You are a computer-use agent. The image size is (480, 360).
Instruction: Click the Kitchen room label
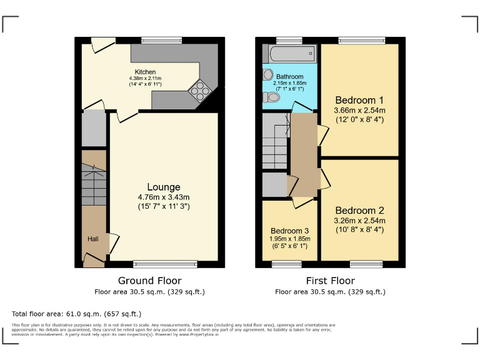click(146, 72)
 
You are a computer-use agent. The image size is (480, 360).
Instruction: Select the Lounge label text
click(164, 187)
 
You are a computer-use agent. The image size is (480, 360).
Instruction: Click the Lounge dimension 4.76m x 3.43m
click(164, 197)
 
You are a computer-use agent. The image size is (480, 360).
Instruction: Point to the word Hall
click(92, 239)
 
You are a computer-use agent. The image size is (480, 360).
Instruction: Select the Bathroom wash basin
click(269, 75)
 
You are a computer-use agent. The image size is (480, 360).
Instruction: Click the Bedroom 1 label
click(359, 100)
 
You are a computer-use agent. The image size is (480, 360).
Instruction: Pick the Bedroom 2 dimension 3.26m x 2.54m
click(359, 221)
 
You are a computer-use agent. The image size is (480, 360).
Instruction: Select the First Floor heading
click(330, 281)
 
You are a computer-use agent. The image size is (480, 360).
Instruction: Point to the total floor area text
click(76, 314)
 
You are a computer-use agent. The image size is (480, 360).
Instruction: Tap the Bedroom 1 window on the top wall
click(362, 41)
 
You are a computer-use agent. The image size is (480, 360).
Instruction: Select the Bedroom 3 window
click(286, 264)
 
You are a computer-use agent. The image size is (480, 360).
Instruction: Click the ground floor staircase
click(94, 181)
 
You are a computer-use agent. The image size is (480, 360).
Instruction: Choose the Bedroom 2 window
click(366, 264)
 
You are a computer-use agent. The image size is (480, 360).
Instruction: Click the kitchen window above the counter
click(161, 41)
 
